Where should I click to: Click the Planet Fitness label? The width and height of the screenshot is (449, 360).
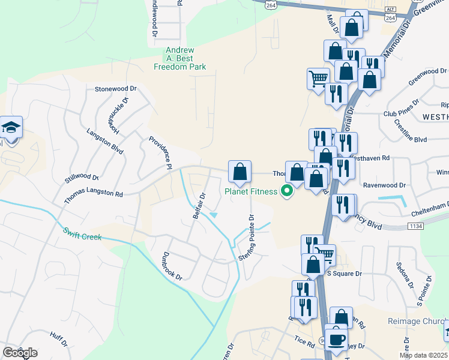(251, 192)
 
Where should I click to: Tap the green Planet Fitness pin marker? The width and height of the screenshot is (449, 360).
(287, 191)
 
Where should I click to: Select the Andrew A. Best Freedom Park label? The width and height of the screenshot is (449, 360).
(185, 59)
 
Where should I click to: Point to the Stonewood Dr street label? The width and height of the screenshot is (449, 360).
(116, 89)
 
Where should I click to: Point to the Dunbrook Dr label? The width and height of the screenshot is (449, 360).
(171, 265)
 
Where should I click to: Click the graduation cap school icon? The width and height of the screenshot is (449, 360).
(11, 128)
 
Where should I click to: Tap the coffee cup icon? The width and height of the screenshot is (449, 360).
(336, 338)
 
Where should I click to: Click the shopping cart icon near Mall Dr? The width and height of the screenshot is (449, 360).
(318, 78)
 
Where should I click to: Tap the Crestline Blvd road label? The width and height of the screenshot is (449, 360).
(411, 131)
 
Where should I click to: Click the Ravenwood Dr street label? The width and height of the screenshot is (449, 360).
(402, 185)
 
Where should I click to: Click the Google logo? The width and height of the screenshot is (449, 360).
(20, 353)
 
